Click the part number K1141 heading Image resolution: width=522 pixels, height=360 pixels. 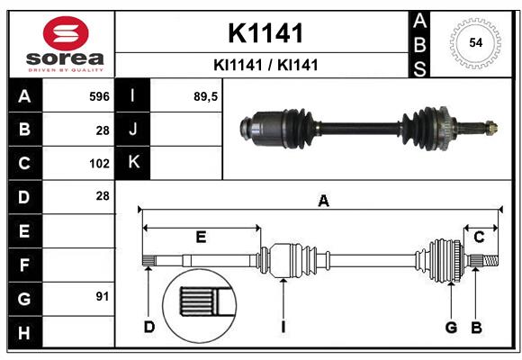pyautogui.click(x=265, y=33)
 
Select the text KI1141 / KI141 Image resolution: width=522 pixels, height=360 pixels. pyautogui.click(x=265, y=65)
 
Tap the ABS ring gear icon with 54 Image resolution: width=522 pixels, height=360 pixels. pyautogui.click(x=473, y=41)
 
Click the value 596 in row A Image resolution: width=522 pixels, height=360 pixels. pyautogui.click(x=99, y=95)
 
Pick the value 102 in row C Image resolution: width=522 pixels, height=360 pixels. pyautogui.click(x=99, y=163)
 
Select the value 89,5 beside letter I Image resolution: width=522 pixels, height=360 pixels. pyautogui.click(x=206, y=95)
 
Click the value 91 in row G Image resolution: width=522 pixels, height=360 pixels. pyautogui.click(x=102, y=296)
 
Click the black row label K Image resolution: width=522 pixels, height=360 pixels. pyautogui.click(x=134, y=163)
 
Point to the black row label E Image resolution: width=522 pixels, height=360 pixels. pyautogui.click(x=24, y=230)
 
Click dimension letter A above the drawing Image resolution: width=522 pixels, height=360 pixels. pyautogui.click(x=323, y=202)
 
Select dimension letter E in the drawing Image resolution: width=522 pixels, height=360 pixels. pyautogui.click(x=201, y=238)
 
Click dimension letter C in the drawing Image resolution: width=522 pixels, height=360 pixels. pyautogui.click(x=479, y=237)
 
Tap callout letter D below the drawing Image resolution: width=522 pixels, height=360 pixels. pyautogui.click(x=149, y=327)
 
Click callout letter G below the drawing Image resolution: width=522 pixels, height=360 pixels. pyautogui.click(x=452, y=327)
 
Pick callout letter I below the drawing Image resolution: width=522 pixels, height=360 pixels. pyautogui.click(x=283, y=327)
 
